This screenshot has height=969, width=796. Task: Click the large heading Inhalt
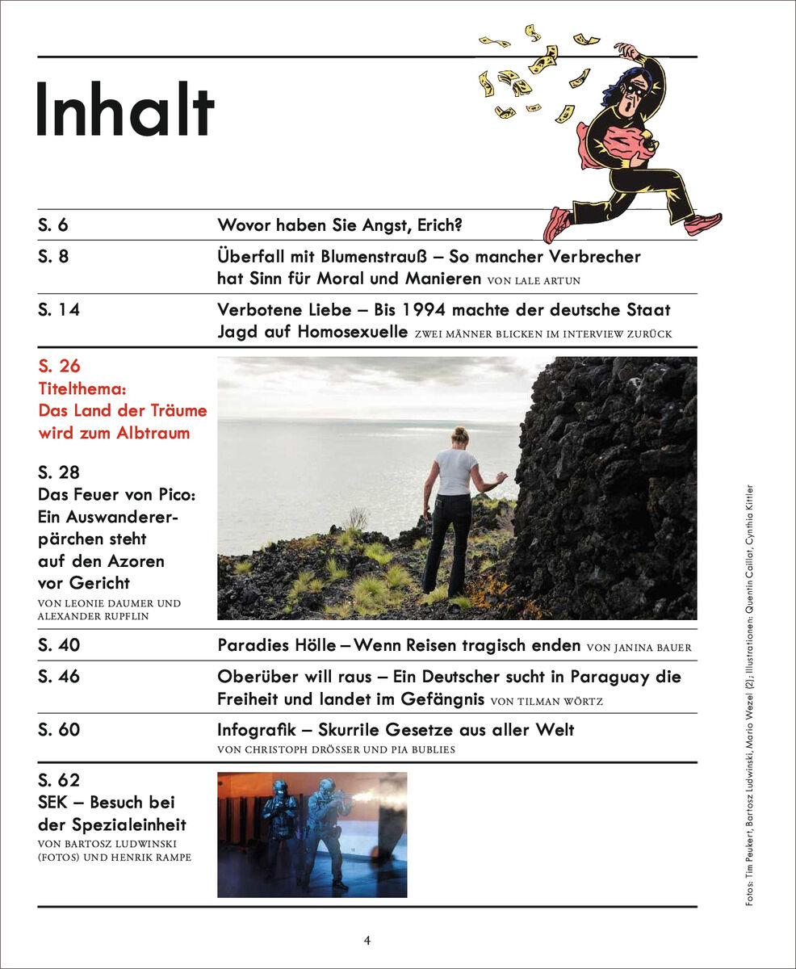[x=125, y=111]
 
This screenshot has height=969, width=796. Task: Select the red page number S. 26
[x=60, y=367]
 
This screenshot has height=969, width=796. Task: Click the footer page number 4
[x=367, y=940]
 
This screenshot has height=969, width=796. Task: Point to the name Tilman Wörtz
[x=557, y=702]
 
